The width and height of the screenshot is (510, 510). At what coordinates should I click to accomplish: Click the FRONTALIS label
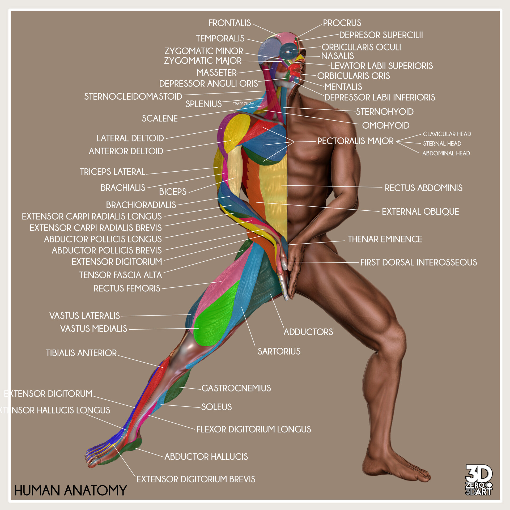(x=229, y=23)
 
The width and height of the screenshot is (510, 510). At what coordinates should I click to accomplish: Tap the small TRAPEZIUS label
(x=242, y=104)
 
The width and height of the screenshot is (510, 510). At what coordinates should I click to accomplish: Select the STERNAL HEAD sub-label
(x=442, y=144)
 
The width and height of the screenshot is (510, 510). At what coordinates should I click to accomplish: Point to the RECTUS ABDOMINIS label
(x=423, y=188)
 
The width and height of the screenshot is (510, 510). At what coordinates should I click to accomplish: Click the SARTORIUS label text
(x=279, y=351)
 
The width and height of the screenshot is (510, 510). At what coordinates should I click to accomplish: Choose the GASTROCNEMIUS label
(x=236, y=388)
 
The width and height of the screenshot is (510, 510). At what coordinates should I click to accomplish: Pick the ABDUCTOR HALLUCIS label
(x=206, y=457)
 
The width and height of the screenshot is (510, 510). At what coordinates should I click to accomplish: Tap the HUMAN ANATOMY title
(x=70, y=491)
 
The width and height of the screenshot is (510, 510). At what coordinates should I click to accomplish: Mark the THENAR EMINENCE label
(x=385, y=239)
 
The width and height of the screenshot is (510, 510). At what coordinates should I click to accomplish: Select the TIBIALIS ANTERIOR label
(x=81, y=353)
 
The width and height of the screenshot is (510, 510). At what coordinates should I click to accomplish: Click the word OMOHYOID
(x=386, y=126)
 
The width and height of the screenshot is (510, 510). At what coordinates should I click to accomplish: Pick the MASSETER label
(x=216, y=73)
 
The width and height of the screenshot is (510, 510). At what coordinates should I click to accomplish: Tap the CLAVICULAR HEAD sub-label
(x=447, y=134)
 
